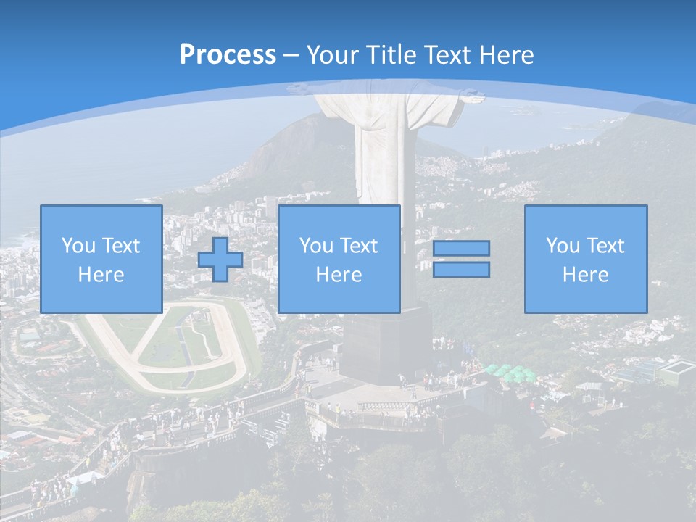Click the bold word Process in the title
[228, 55]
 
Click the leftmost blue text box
[101, 259]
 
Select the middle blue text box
[339, 259]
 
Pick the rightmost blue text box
[585, 259]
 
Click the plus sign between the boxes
[220, 259]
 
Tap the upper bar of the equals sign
[461, 248]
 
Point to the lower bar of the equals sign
[461, 270]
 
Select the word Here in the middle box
[339, 275]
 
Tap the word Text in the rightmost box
[605, 246]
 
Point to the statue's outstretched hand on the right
[471, 94]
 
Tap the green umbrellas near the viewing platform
[507, 373]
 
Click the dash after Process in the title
[291, 55]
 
